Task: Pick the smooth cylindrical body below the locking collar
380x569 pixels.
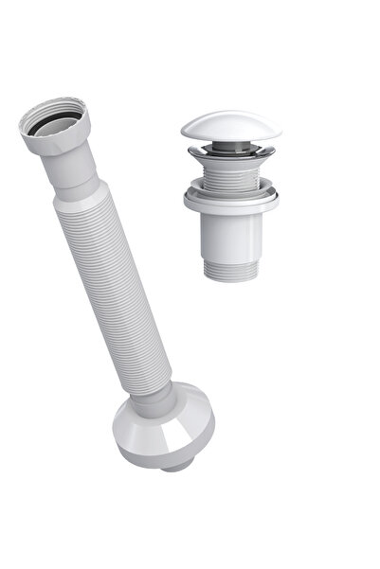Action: point(232,232)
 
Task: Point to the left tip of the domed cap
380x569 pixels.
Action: point(182,134)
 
